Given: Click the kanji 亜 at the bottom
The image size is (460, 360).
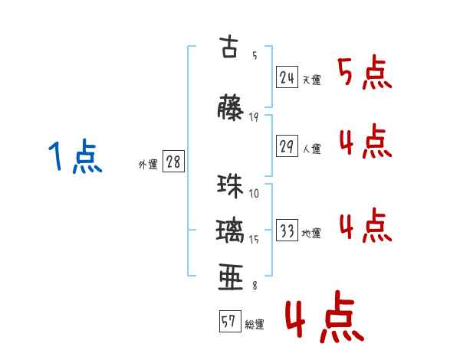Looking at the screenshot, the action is (231, 277).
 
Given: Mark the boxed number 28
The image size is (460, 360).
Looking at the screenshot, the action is (173, 162).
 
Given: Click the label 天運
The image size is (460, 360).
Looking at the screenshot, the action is (311, 80).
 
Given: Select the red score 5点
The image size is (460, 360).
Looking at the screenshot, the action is (365, 74).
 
